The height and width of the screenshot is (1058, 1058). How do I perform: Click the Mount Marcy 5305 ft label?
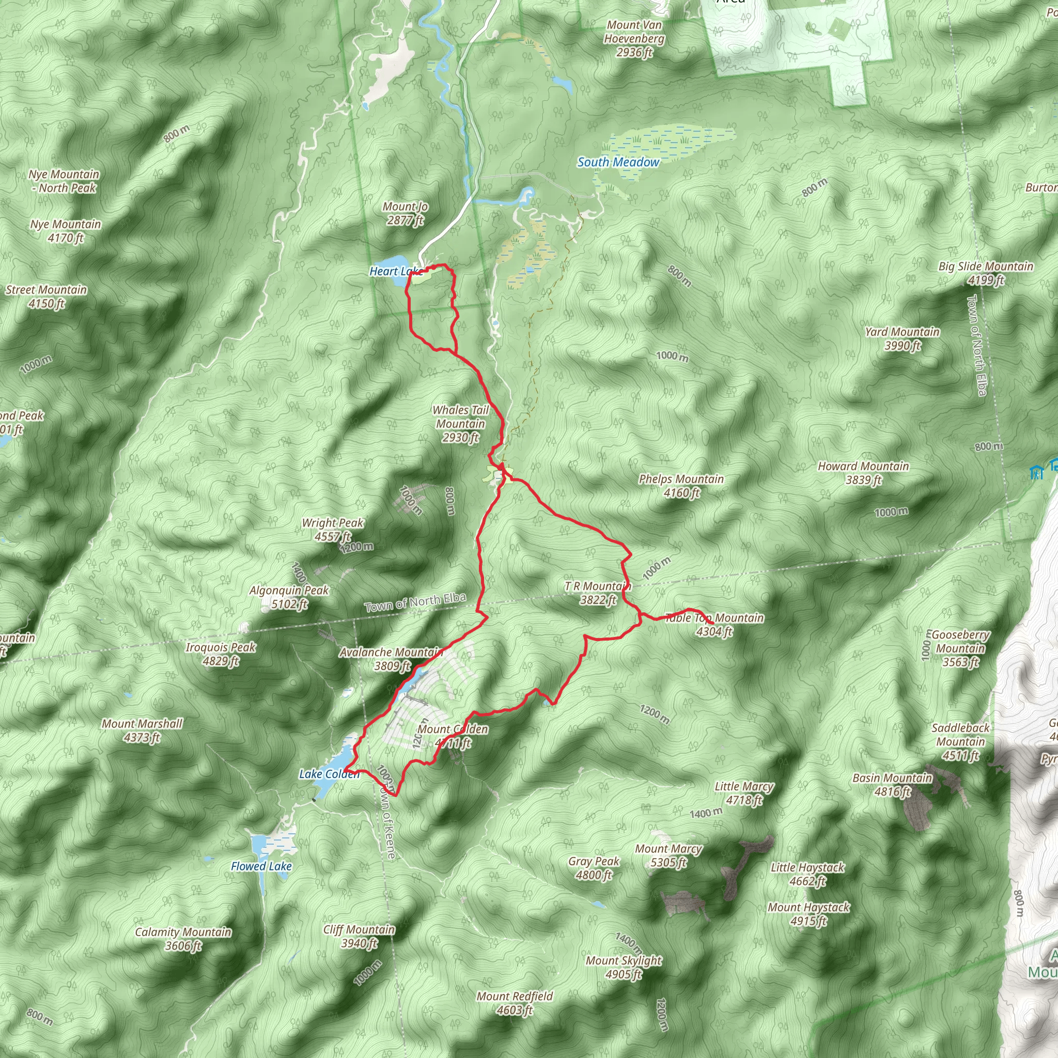[668, 855]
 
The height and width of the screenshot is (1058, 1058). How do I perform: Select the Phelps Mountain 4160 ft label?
[681, 486]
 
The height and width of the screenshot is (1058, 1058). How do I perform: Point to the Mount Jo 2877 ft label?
[405, 213]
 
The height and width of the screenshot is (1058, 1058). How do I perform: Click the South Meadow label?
[618, 162]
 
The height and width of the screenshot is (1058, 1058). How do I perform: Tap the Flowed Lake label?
[261, 866]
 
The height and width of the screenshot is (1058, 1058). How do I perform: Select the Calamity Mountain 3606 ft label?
[183, 939]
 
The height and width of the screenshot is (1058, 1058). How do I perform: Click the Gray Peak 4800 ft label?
[594, 868]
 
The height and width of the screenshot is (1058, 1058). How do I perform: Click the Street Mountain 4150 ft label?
[46, 296]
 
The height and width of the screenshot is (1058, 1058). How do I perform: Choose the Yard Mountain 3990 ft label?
[903, 338]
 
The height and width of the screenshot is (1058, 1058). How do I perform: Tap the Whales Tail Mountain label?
[460, 423]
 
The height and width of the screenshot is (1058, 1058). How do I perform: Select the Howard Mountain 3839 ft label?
[863, 473]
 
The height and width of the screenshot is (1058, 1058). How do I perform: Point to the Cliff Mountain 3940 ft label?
[359, 936]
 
